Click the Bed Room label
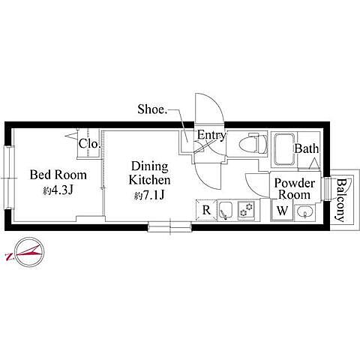(x=58, y=175)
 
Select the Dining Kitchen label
(x=149, y=173)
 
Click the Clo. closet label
(x=89, y=143)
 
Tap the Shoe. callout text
(x=152, y=109)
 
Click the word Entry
(x=211, y=135)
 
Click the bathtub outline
(x=285, y=150)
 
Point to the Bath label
(x=307, y=148)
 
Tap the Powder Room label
(x=295, y=189)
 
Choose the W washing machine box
(x=282, y=210)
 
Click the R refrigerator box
(x=206, y=210)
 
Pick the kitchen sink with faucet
(x=226, y=210)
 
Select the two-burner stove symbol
(x=247, y=210)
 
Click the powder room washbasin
(x=304, y=212)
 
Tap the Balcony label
(x=340, y=200)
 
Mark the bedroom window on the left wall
(x=9, y=178)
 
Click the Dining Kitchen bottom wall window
(x=169, y=226)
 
